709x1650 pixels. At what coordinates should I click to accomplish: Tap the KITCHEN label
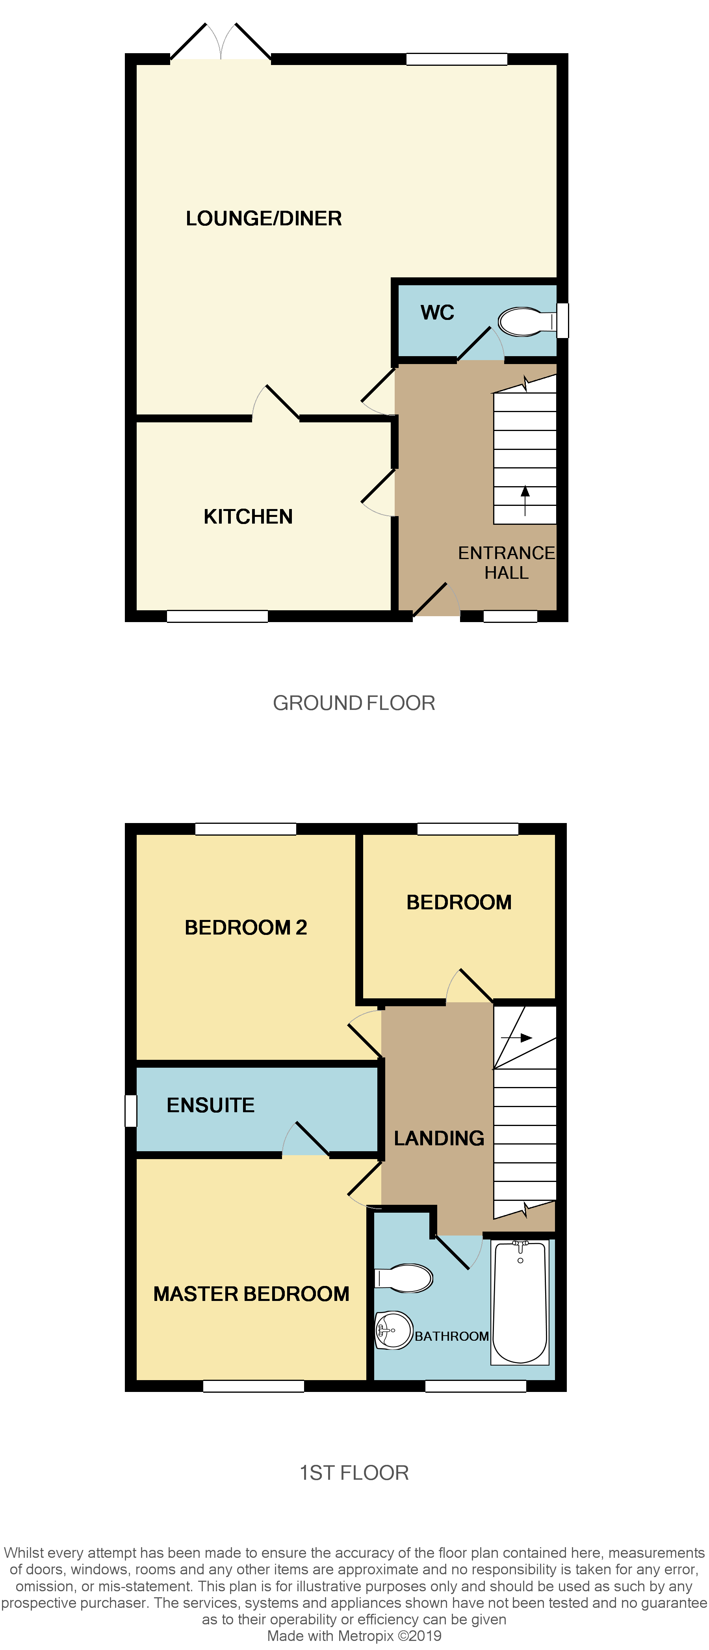(248, 516)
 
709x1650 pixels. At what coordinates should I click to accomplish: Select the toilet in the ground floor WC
(522, 321)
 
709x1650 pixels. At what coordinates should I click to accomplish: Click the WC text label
(438, 312)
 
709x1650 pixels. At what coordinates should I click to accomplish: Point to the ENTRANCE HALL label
(506, 562)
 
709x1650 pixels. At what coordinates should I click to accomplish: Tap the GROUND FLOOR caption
(354, 702)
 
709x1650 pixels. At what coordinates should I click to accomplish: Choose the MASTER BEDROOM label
(251, 1294)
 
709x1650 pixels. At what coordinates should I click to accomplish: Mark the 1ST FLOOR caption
(354, 1473)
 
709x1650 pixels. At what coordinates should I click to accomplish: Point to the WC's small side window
(562, 320)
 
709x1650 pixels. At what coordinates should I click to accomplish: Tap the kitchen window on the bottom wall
(217, 616)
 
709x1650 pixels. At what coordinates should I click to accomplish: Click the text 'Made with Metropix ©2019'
(354, 1635)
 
